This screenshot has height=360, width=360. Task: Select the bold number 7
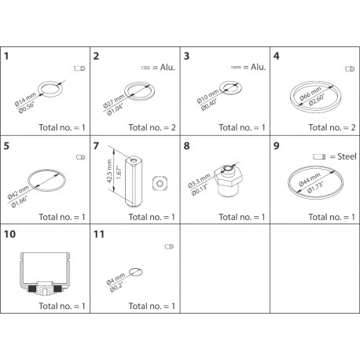tap(96, 145)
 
